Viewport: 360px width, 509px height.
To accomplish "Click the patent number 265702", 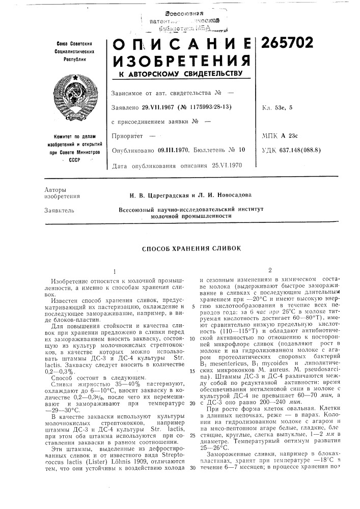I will (288, 44).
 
